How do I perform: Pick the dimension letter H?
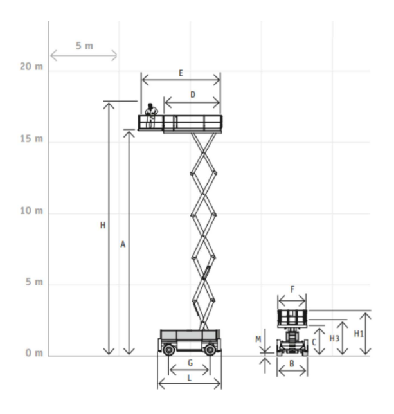(x=102, y=226)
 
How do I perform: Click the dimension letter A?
(x=122, y=244)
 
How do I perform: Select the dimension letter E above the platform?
(x=181, y=74)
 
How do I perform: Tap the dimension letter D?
(x=192, y=95)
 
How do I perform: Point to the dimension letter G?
(x=190, y=363)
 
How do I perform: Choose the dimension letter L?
(x=189, y=379)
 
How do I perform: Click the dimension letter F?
(x=292, y=290)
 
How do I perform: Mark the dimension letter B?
(x=292, y=364)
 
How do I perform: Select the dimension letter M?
(x=258, y=339)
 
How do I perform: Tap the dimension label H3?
(x=334, y=338)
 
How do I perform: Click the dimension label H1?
(x=359, y=334)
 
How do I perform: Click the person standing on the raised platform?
(x=151, y=115)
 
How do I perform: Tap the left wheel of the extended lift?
(x=169, y=349)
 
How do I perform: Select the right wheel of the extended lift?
(x=210, y=349)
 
